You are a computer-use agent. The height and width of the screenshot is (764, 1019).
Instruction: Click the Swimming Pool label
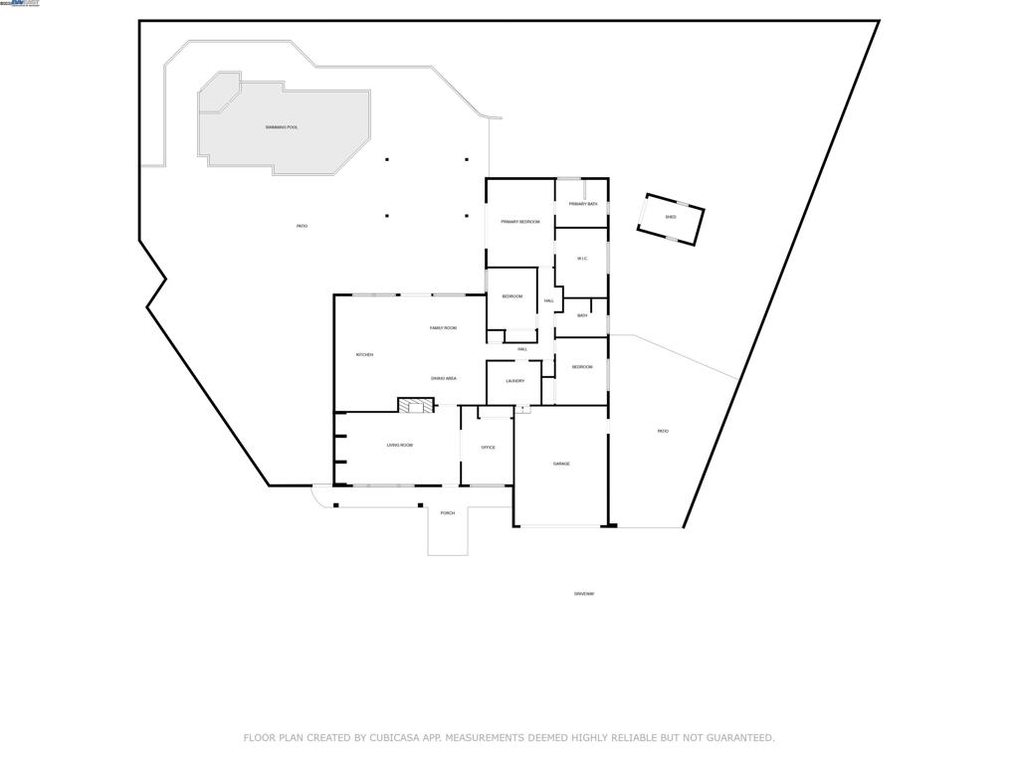click(282, 127)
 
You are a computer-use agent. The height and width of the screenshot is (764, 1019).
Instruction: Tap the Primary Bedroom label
click(519, 222)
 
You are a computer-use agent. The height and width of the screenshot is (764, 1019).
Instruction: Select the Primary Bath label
click(583, 204)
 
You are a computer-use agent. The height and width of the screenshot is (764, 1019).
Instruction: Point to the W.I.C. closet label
click(582, 259)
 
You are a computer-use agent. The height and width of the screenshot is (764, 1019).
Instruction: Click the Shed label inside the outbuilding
click(671, 217)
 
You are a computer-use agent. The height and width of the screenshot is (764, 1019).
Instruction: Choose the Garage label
click(561, 464)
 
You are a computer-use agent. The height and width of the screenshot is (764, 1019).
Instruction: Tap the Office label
click(488, 448)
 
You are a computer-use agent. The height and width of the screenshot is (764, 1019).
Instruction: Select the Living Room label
click(400, 446)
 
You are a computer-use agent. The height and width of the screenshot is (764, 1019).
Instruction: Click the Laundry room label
click(514, 381)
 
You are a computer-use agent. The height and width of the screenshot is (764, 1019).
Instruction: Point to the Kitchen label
click(364, 355)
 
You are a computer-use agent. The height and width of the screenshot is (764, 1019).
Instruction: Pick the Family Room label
click(443, 328)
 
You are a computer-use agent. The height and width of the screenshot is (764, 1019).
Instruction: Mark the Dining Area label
click(444, 378)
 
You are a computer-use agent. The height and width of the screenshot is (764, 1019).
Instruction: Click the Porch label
click(448, 513)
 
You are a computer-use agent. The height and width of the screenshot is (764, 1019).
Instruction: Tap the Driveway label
click(584, 594)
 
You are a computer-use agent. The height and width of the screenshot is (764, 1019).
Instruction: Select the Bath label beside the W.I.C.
click(582, 316)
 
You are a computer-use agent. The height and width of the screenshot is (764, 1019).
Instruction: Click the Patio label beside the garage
click(663, 431)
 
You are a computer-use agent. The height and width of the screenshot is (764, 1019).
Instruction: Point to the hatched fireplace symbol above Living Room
click(417, 405)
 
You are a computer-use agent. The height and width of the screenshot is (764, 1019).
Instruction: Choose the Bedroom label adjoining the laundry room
click(582, 367)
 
